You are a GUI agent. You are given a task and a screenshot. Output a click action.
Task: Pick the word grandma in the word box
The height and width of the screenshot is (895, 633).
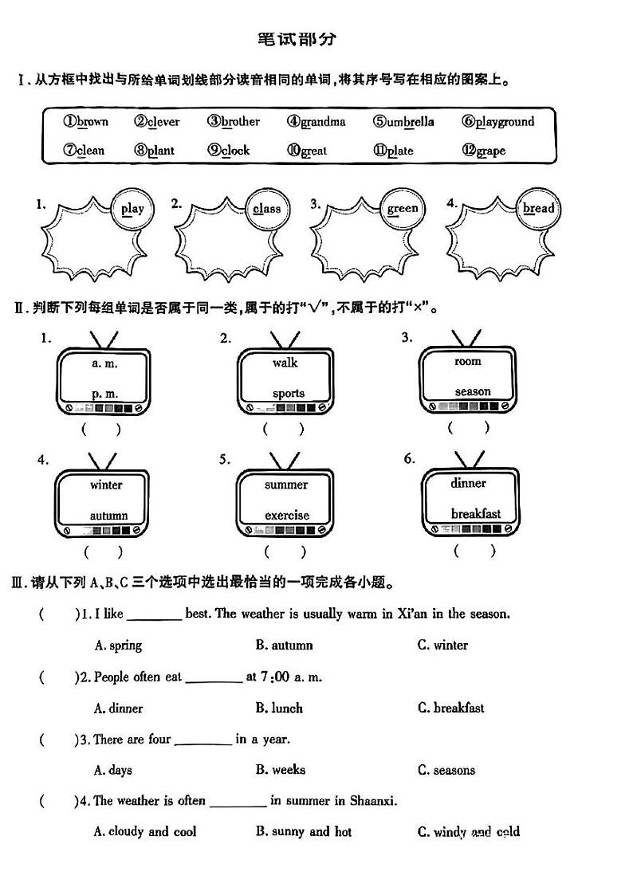pyautogui.click(x=316, y=122)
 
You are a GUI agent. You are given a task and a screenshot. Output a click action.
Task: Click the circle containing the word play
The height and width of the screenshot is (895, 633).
pyautogui.click(x=132, y=209)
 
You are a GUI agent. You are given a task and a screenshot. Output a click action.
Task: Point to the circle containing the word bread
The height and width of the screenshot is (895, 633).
pyautogui.click(x=538, y=209)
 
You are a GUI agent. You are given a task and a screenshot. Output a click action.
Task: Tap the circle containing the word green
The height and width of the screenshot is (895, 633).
pyautogui.click(x=402, y=209)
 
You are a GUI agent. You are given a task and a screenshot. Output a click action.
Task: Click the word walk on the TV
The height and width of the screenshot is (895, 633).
pyautogui.click(x=285, y=363)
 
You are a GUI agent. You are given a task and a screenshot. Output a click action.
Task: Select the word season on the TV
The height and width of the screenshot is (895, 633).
pyautogui.click(x=473, y=391)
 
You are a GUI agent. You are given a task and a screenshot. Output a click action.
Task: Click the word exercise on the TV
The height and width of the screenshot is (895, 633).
pyautogui.click(x=287, y=515)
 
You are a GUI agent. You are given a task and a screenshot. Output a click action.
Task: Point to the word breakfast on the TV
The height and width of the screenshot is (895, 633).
pyautogui.click(x=476, y=514)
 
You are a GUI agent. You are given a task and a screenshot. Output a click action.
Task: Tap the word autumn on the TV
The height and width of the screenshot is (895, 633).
pyautogui.click(x=108, y=515)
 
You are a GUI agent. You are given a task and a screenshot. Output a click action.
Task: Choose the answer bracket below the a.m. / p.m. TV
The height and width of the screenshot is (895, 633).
pyautogui.click(x=102, y=430)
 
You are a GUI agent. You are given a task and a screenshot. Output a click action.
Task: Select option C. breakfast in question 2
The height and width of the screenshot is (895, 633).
pyautogui.click(x=450, y=708)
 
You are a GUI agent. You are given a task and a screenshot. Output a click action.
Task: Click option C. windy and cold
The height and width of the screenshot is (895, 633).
pyautogui.click(x=469, y=832)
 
